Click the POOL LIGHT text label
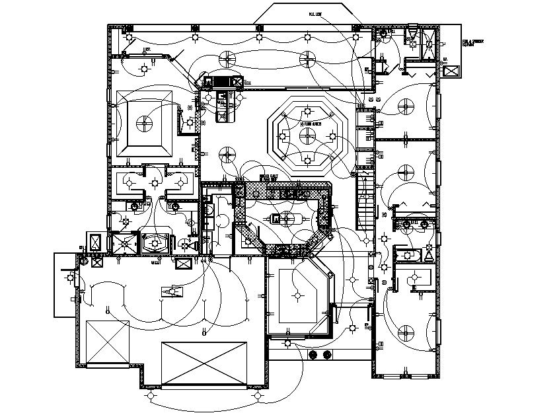315,14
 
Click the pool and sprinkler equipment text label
472,43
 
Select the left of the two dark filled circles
314,355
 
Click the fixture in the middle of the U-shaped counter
287,218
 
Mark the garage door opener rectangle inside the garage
173,291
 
